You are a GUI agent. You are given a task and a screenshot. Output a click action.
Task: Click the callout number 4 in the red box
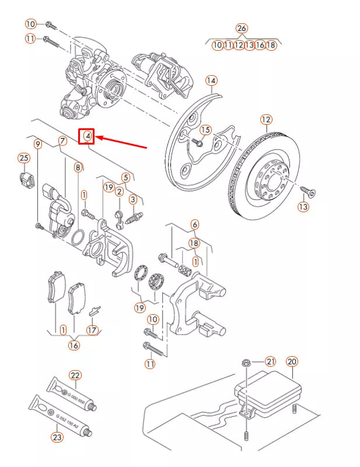(87, 136)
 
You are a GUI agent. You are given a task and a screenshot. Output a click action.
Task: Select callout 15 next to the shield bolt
(205, 129)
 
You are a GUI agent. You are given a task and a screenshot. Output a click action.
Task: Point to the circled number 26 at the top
(242, 28)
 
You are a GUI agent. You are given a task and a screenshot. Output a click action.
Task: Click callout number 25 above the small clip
(23, 158)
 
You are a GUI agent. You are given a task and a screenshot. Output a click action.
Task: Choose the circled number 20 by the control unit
(292, 361)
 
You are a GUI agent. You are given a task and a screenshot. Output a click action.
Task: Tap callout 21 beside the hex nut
(270, 361)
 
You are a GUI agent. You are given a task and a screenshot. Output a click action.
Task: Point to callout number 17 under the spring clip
(92, 329)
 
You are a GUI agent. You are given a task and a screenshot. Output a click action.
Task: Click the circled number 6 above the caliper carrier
(194, 224)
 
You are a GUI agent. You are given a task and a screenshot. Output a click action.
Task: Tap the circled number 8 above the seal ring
(78, 167)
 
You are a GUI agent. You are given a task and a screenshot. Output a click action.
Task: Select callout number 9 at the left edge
(37, 143)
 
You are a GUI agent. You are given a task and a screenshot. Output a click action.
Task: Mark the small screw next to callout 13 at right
(307, 191)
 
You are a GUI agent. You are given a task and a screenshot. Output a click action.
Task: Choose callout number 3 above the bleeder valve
(133, 200)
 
